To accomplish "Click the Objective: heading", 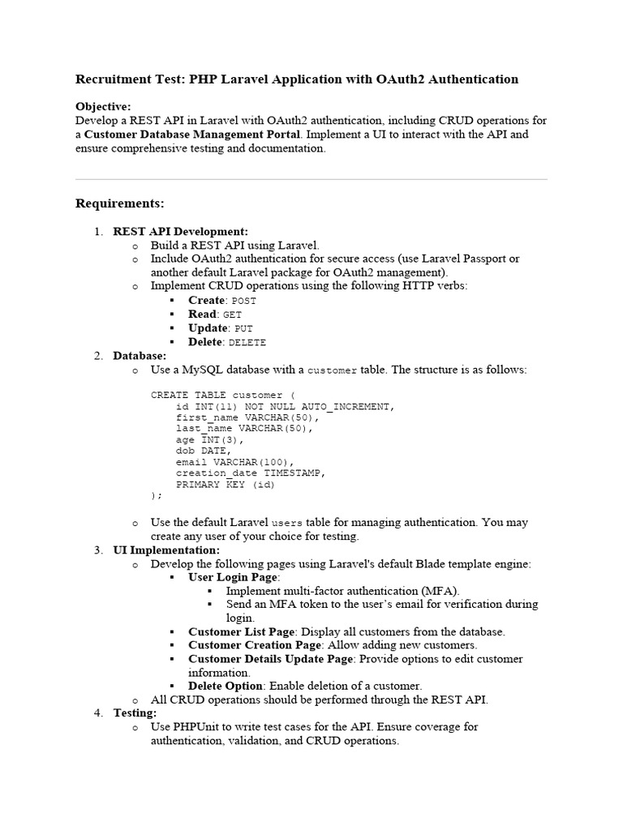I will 103,107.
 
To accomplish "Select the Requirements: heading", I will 119,203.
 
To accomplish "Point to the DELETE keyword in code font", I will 247,343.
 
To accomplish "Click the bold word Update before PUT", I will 208,328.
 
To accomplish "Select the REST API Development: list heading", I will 180,232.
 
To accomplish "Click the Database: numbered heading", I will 140,356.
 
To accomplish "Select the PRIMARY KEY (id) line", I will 226,485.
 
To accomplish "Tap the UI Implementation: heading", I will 166,550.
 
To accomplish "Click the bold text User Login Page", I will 233,577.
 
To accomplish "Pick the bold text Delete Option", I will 225,686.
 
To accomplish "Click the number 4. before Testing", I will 98,713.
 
